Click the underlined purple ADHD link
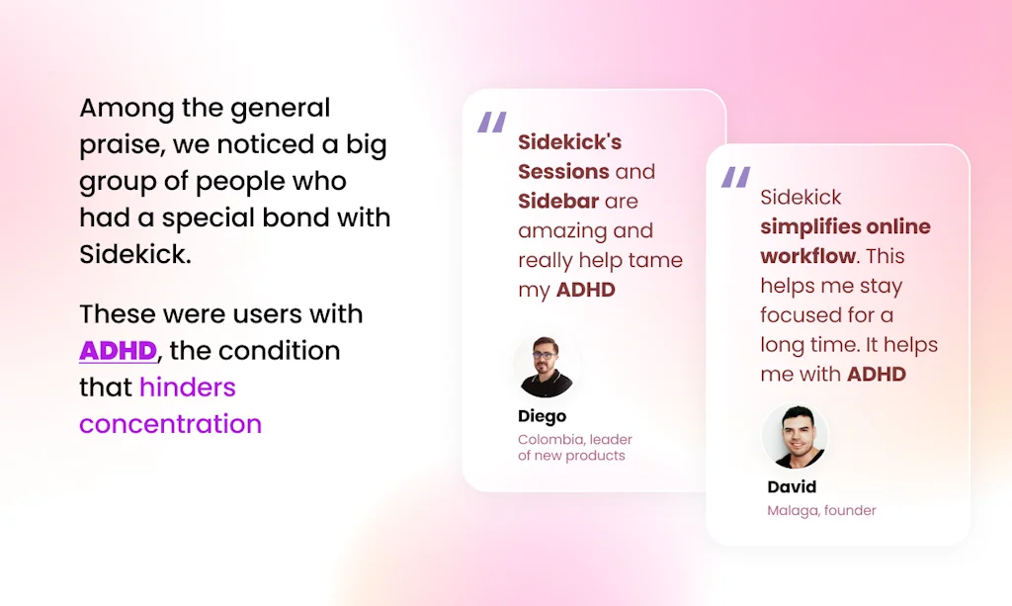coord(119,351)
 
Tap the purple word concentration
coord(170,424)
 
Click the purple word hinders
coord(188,387)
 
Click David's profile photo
coord(795,437)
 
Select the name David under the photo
coord(792,486)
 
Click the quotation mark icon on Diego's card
coord(491,123)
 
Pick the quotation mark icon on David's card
coord(735,178)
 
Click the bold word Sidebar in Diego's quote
coord(558,201)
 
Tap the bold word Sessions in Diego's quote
coord(563,171)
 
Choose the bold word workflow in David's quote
coord(807,256)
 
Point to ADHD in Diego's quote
coord(586,290)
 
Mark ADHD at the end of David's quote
coord(877,375)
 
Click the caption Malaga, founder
coord(821,511)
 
